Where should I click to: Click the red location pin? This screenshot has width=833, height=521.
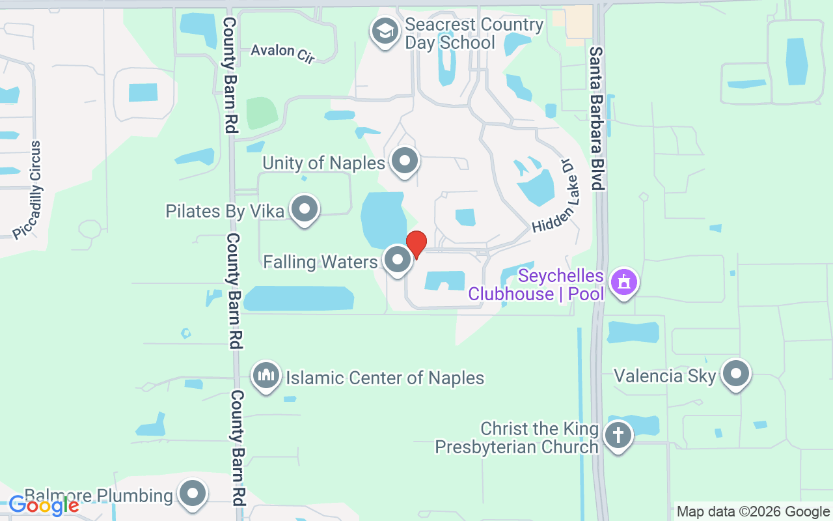(416, 244)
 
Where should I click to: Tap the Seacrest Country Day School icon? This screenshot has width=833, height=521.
(385, 31)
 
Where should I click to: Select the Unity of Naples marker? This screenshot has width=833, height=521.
(405, 160)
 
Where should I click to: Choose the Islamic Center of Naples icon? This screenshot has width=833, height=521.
(266, 376)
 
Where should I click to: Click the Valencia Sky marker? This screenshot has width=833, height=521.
(737, 374)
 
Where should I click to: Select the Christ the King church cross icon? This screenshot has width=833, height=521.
(618, 434)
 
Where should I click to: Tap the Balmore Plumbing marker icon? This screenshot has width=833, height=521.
(193, 494)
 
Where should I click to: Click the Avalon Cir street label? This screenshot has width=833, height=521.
(283, 52)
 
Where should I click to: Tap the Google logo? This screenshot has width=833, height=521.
(44, 505)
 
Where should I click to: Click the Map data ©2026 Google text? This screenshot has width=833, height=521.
(753, 512)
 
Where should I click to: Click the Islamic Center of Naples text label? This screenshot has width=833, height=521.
(385, 378)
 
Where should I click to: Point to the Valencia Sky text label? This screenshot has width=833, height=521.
(665, 376)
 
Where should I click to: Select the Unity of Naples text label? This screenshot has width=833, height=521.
(324, 163)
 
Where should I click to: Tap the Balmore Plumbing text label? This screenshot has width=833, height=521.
(99, 496)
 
